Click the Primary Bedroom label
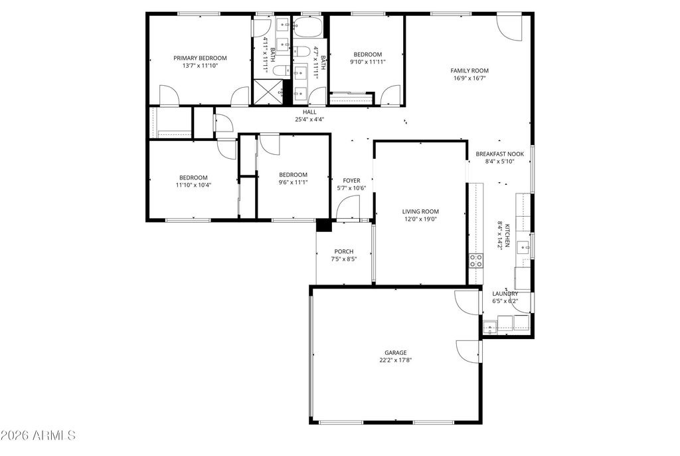pyautogui.click(x=200, y=58)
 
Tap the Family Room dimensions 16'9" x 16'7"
pyautogui.click(x=469, y=78)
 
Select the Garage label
pyautogui.click(x=396, y=353)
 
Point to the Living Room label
pyautogui.click(x=420, y=211)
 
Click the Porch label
pyautogui.click(x=343, y=251)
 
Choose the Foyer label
pyautogui.click(x=351, y=181)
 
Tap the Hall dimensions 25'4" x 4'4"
pyautogui.click(x=309, y=120)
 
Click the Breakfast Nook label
pyautogui.click(x=499, y=154)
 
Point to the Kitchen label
pyautogui.click(x=507, y=235)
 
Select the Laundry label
pyautogui.click(x=505, y=294)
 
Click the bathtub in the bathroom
pyautogui.click(x=307, y=27)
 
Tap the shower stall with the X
pyautogui.click(x=268, y=92)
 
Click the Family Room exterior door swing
pyautogui.click(x=509, y=27)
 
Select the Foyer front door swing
pyautogui.click(x=348, y=207)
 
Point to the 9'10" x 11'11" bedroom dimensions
pyautogui.click(x=368, y=62)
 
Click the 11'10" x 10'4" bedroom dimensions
pyautogui.click(x=193, y=185)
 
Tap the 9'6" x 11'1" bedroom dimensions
pyautogui.click(x=293, y=182)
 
